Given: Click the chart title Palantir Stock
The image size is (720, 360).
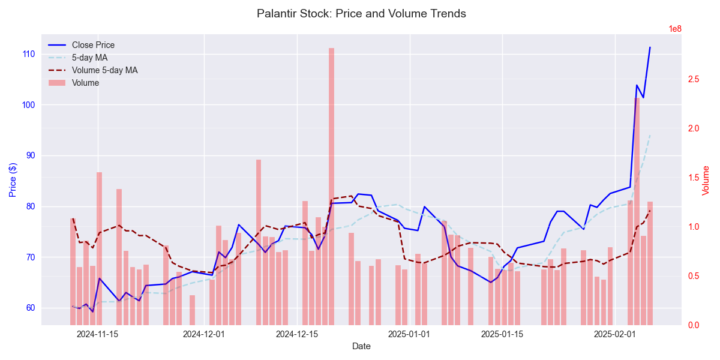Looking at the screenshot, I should point(361,13).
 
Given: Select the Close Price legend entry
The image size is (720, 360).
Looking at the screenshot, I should point(93,45).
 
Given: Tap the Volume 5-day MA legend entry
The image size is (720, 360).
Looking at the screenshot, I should point(104,70).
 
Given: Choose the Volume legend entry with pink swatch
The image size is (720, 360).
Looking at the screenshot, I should point(85,83).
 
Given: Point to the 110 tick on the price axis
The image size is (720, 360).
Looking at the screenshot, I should point(29,54).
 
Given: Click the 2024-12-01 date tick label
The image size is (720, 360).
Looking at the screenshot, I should point(203,334).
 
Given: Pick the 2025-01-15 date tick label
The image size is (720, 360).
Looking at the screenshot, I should point(502,334).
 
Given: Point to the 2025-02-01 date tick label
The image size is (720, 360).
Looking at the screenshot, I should point(615,334).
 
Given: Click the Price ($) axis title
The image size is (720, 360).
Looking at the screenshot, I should point(12,179).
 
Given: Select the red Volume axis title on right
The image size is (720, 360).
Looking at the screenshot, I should point(706,179).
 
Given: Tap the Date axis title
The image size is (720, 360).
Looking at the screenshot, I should point(361,346).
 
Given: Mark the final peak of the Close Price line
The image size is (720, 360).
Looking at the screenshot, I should point(650,47).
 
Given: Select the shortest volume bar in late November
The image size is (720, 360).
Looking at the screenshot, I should point(192,310).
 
